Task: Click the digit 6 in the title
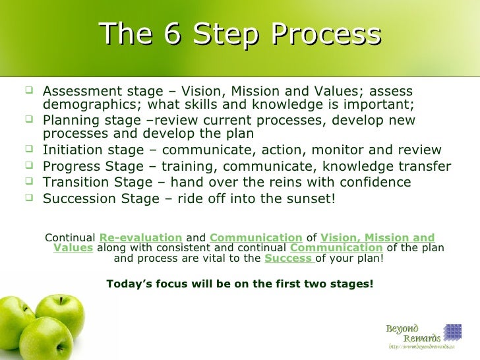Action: (x=172, y=34)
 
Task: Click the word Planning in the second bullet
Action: (x=69, y=121)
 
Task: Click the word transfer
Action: (x=428, y=166)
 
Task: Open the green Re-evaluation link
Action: (x=140, y=237)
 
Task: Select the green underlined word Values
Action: (x=73, y=248)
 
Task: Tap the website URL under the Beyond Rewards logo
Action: (x=422, y=347)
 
